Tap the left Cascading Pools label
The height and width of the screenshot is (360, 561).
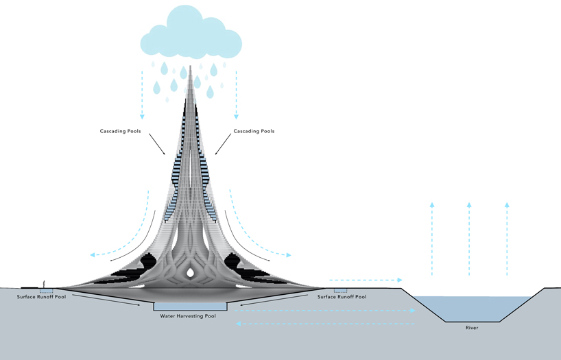(x=121, y=131)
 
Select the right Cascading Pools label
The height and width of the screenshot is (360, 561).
(x=254, y=131)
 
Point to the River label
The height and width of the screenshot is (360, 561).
(x=470, y=328)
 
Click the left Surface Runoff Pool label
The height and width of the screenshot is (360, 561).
(x=40, y=297)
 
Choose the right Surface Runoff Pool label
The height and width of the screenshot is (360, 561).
(x=342, y=297)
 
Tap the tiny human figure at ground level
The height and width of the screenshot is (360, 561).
(x=45, y=283)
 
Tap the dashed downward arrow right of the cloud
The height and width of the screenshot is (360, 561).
(x=236, y=89)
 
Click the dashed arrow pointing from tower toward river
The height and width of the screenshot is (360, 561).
(x=365, y=280)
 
